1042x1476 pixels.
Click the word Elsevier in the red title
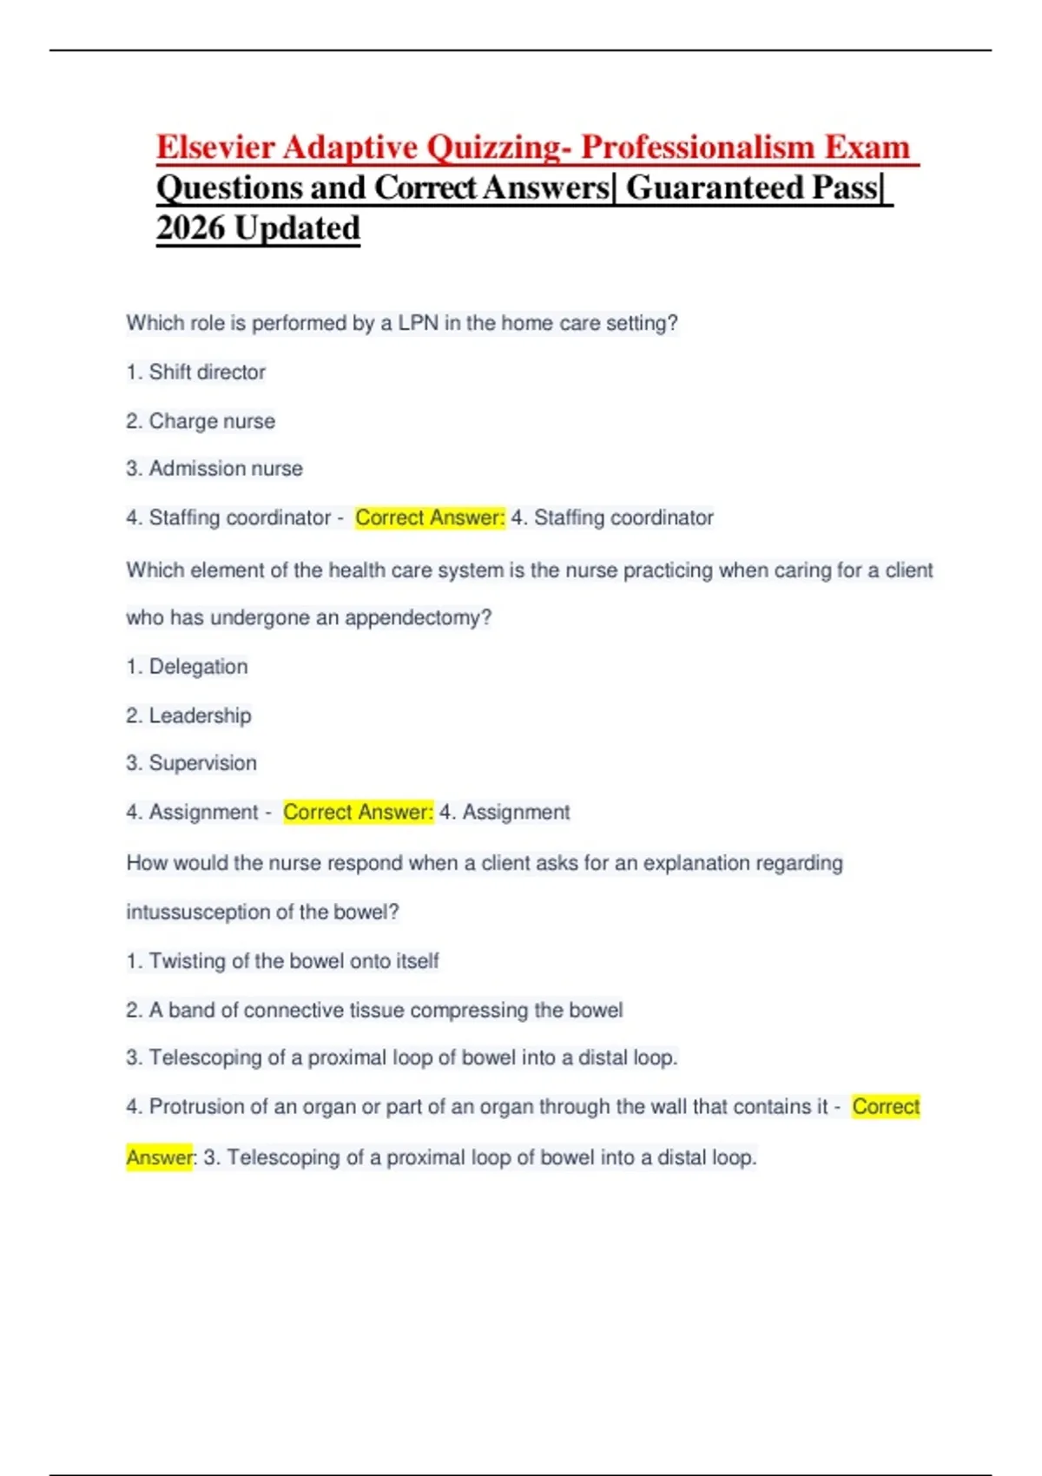(215, 148)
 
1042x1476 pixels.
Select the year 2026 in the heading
(190, 228)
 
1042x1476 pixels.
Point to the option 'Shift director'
(207, 372)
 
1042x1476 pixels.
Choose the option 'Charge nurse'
(212, 421)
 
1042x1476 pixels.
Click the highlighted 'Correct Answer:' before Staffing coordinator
(430, 518)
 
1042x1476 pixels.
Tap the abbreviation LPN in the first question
(418, 324)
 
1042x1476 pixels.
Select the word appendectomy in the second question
(418, 618)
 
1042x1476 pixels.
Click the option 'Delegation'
(198, 667)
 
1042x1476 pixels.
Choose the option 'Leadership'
(200, 715)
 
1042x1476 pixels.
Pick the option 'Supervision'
(202, 763)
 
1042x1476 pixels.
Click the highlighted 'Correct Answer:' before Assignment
(358, 813)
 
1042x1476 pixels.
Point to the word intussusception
(197, 913)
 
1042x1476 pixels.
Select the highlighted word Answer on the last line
(159, 1158)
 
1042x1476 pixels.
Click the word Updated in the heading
(297, 228)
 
